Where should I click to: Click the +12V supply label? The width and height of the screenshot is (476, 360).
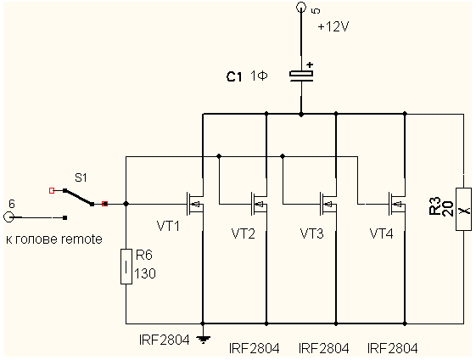(333, 27)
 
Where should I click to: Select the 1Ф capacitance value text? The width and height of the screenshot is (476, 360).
(259, 76)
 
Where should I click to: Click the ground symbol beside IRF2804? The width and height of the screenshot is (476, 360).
(203, 338)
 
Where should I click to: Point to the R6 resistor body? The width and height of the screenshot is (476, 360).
(126, 267)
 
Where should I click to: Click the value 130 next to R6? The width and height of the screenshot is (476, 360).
(145, 273)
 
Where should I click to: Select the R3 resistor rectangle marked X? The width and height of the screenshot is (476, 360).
(463, 210)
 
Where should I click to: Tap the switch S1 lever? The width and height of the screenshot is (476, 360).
(79, 198)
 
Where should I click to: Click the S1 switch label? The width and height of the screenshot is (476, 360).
(81, 177)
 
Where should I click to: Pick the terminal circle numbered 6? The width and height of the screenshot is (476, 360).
(8, 217)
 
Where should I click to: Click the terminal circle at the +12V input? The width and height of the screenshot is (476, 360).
(301, 7)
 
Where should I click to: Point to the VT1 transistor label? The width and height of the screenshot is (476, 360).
(168, 226)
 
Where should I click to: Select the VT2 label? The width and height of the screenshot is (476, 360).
(244, 233)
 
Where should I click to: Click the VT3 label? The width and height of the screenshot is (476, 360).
(311, 233)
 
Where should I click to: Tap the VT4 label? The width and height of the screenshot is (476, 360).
(381, 233)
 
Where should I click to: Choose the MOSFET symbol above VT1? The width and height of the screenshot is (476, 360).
(195, 204)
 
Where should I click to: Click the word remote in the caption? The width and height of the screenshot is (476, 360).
(81, 239)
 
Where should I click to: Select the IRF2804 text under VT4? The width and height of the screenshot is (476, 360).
(393, 348)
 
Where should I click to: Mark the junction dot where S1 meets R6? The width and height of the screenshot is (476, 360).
(126, 204)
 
